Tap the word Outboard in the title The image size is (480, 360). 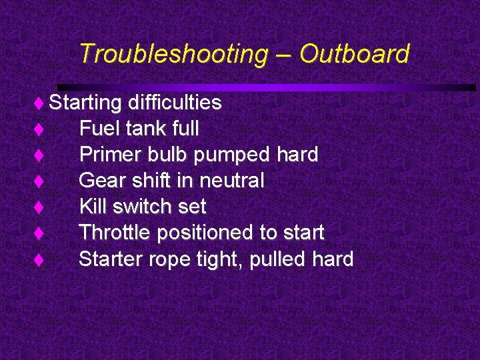353,53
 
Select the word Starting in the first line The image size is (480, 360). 85,103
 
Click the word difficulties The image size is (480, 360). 175,103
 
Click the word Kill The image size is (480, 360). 93,207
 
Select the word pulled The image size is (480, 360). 283,259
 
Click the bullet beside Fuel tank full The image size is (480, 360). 39,129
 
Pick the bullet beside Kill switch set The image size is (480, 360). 39,207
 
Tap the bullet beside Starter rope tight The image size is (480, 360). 39,260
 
